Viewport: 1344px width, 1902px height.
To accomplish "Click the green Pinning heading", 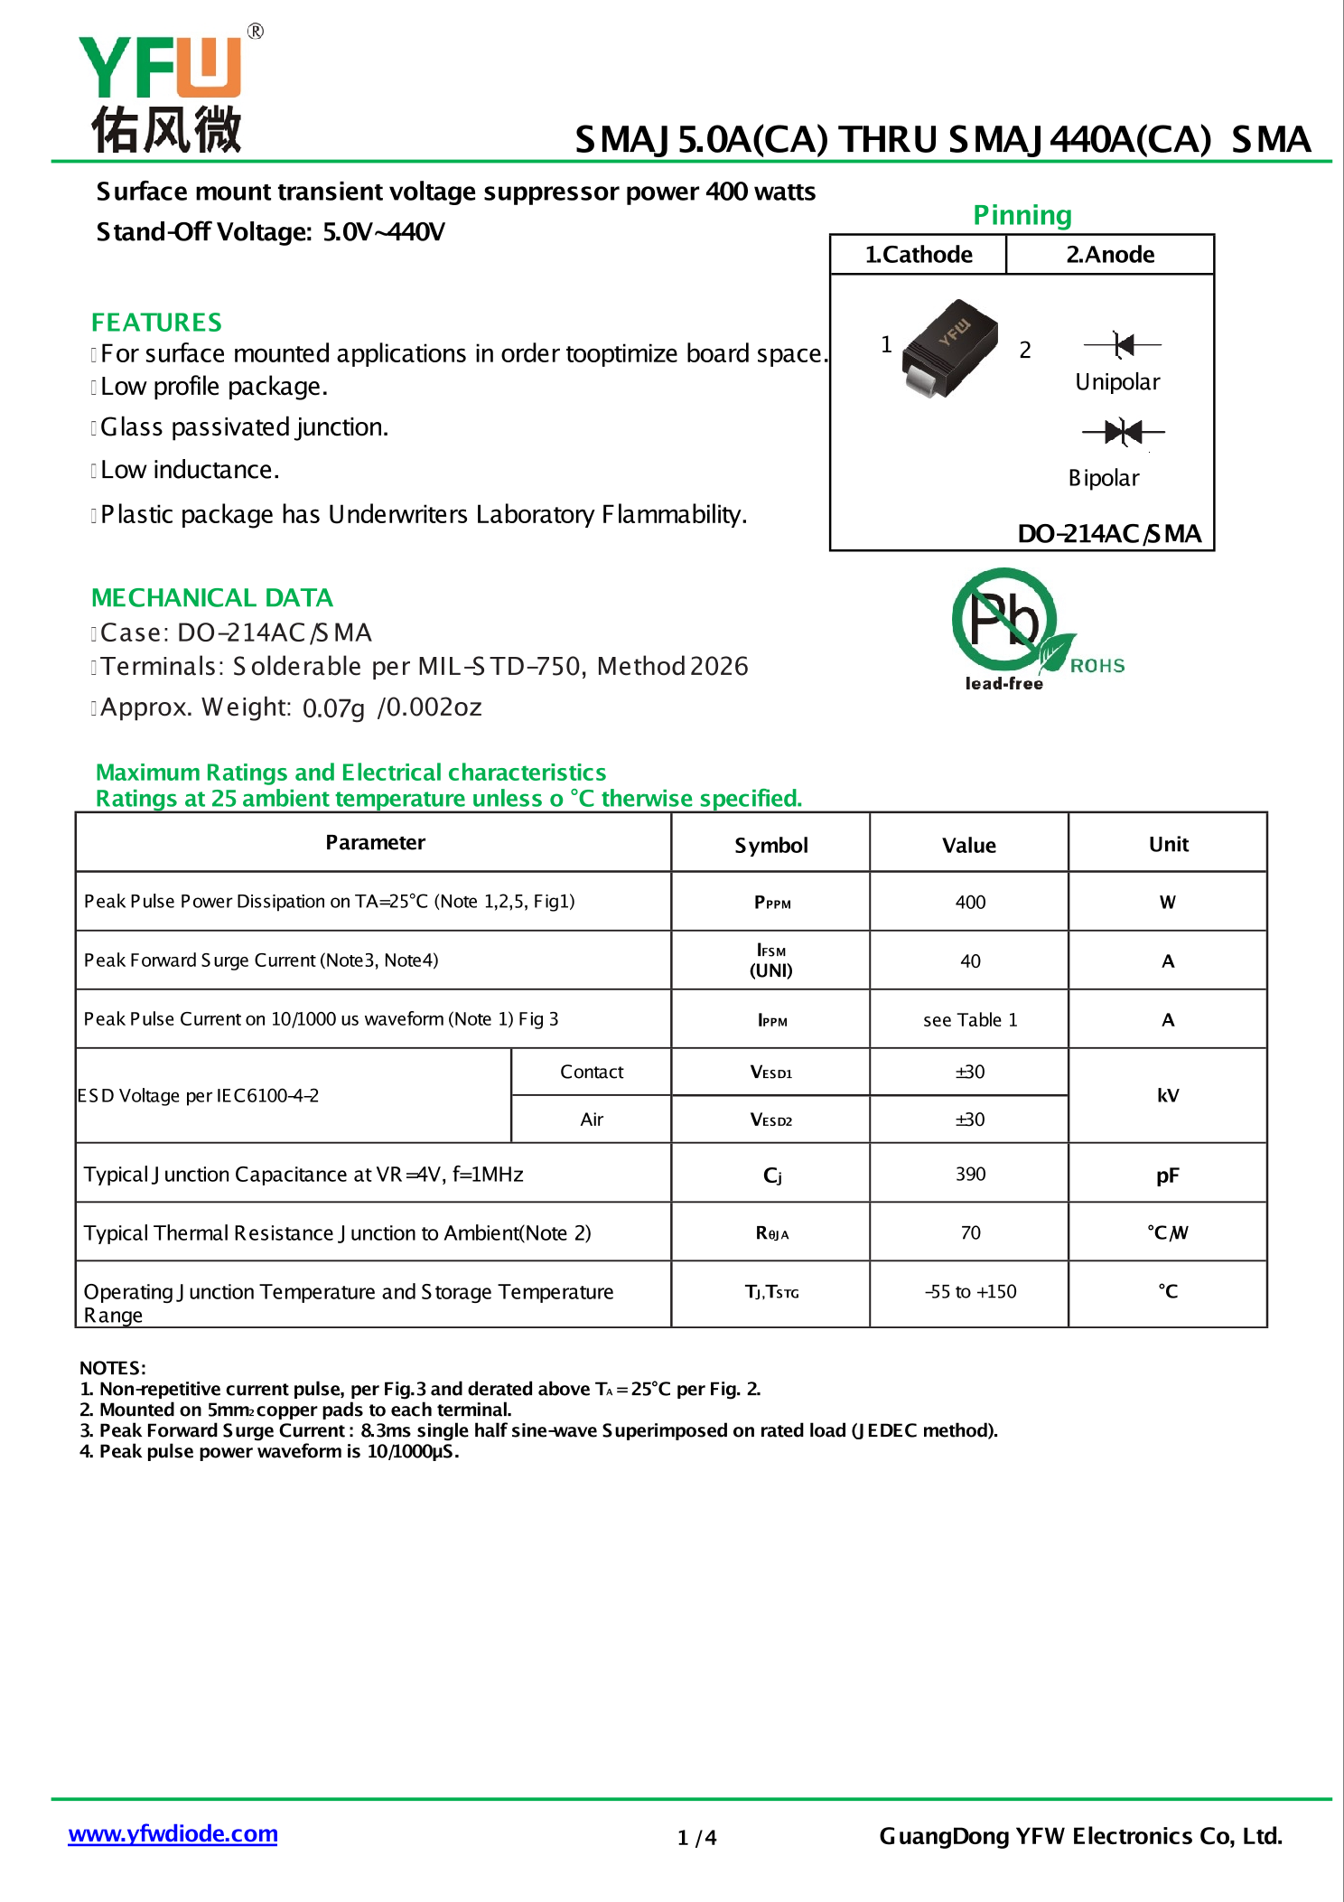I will tap(1022, 215).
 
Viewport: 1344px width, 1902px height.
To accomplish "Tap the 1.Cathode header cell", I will tap(918, 255).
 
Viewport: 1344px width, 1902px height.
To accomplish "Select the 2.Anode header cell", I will tap(1110, 255).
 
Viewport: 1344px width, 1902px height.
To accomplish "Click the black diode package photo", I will tap(949, 349).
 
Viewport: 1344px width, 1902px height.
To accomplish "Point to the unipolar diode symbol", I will tap(1123, 344).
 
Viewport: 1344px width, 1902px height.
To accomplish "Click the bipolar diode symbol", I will tap(1123, 432).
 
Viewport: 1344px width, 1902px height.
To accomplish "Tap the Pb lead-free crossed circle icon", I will tap(1003, 620).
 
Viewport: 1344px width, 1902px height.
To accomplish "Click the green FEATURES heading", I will tap(156, 323).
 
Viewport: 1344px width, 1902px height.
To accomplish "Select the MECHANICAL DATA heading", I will tap(212, 598).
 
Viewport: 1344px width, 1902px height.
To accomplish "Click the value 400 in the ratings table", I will tap(970, 902).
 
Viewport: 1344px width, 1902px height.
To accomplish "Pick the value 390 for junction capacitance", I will tap(970, 1174).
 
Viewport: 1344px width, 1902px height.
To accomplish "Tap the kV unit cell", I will tap(1168, 1096).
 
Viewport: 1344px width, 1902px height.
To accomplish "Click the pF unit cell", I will tap(1168, 1176).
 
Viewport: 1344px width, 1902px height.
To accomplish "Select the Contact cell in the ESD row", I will tap(592, 1072).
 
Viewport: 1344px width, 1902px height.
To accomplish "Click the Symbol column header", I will tap(770, 846).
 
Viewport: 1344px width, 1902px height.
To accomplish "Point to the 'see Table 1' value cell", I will tap(970, 1020).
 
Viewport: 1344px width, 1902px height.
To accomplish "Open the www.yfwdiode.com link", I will tap(173, 1833).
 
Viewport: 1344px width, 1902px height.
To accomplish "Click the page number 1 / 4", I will tap(696, 1838).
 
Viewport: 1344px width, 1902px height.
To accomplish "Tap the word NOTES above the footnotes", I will tap(112, 1368).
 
